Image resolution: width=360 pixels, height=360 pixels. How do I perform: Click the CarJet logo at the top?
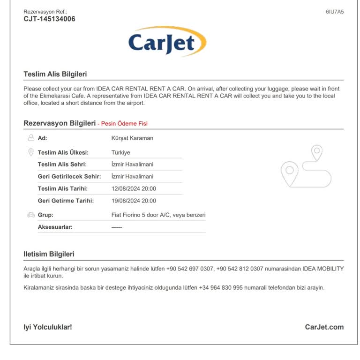coord(167,42)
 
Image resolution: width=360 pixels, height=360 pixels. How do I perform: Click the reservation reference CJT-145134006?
coord(49,19)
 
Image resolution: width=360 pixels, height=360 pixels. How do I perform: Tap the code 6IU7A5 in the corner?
coord(335,12)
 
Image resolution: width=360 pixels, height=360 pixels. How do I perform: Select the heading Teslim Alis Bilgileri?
coord(55,74)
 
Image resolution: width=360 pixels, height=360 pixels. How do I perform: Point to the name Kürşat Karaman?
coord(132,138)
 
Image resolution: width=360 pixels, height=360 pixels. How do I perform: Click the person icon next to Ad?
coord(31,138)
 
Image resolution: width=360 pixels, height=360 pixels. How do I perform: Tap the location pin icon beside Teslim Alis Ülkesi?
coord(31,152)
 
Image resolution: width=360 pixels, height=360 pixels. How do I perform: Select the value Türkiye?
coord(121,152)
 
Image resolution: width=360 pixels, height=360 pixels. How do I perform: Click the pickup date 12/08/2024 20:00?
coord(134,188)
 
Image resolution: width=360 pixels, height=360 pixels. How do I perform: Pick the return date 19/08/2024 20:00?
coord(134,201)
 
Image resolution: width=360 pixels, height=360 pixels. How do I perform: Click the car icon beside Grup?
coord(31,215)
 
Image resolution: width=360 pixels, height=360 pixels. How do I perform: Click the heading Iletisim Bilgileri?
coord(49,254)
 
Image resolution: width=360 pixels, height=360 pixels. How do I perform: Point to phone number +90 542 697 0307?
coord(190,269)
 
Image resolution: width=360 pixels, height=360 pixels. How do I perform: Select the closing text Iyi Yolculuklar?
coord(48,327)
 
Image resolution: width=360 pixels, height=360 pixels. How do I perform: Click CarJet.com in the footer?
coord(324,327)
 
